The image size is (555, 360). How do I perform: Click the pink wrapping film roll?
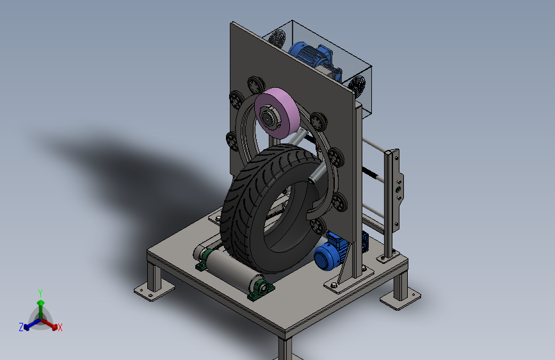(278, 113)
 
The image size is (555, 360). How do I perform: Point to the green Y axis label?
(40, 293)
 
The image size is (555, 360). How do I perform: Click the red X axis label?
(60, 327)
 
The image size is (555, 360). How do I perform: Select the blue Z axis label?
(21, 327)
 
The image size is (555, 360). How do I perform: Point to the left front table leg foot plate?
(154, 291)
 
